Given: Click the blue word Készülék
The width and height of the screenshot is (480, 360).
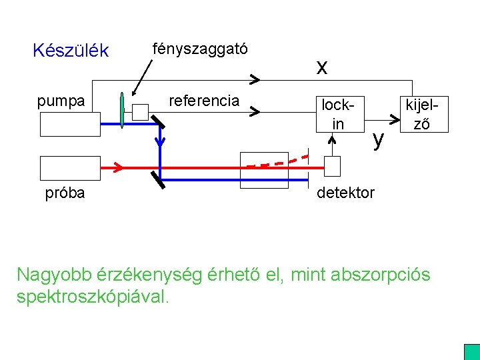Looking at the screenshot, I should tap(70, 51).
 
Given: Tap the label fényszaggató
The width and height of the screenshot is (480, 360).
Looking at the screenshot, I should tap(200, 49).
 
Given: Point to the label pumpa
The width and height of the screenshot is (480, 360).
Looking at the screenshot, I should tap(61, 101).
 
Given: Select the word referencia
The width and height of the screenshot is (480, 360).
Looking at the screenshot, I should tap(204, 101).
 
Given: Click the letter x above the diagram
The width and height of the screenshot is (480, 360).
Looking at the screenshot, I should tap(322, 66).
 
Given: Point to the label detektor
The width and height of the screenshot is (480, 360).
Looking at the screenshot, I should tap(345, 193).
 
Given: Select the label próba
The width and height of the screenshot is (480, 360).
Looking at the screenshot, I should tap(65, 193).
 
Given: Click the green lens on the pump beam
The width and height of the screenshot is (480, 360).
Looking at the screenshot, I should tap(122, 109).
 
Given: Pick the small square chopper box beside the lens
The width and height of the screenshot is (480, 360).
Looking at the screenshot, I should tap(140, 111).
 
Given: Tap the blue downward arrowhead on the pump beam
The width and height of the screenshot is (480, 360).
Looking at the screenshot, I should tap(160, 141).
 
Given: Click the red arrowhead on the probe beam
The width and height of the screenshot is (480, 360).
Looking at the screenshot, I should tap(117, 166).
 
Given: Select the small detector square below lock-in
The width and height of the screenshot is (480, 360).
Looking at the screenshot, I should tap(332, 165).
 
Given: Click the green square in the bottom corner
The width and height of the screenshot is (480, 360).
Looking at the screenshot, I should tap(471, 351).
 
